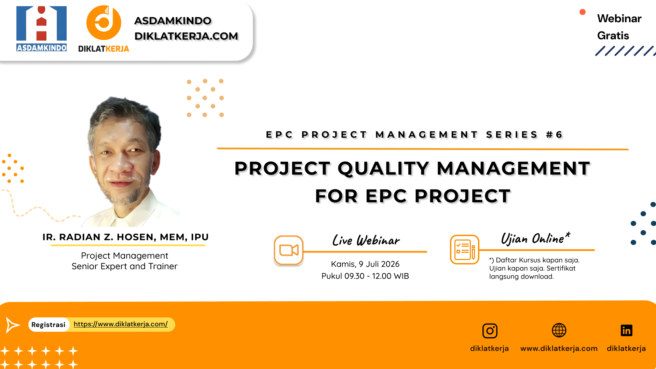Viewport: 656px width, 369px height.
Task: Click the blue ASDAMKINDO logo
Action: coord(41,29)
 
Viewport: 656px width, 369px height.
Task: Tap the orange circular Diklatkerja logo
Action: coord(104,23)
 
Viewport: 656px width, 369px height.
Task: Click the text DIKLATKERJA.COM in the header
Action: coord(186,36)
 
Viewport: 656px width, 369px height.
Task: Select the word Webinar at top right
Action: coord(619,18)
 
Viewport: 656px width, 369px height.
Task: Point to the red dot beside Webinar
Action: coord(583,12)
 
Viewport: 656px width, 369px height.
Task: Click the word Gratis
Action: coord(613,36)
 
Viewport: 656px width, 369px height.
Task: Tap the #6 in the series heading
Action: coord(554,135)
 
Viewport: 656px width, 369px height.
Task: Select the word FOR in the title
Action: coord(336,196)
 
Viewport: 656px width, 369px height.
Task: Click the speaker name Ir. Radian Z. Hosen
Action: coord(125,237)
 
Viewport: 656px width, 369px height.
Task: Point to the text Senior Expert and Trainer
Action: coord(124,266)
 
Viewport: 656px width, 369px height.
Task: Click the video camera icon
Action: coord(289,250)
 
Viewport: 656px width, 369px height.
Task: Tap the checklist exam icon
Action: coord(465,249)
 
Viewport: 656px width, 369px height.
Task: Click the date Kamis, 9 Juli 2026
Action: coord(365,264)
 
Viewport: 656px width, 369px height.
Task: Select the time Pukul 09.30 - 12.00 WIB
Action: coord(365,276)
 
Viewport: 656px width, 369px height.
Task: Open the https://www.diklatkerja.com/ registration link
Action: coord(121,324)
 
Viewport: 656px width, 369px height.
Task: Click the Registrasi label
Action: coord(48,325)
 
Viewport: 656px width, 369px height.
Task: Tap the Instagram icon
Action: coord(490,331)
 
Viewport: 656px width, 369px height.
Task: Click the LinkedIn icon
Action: coord(626,330)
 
